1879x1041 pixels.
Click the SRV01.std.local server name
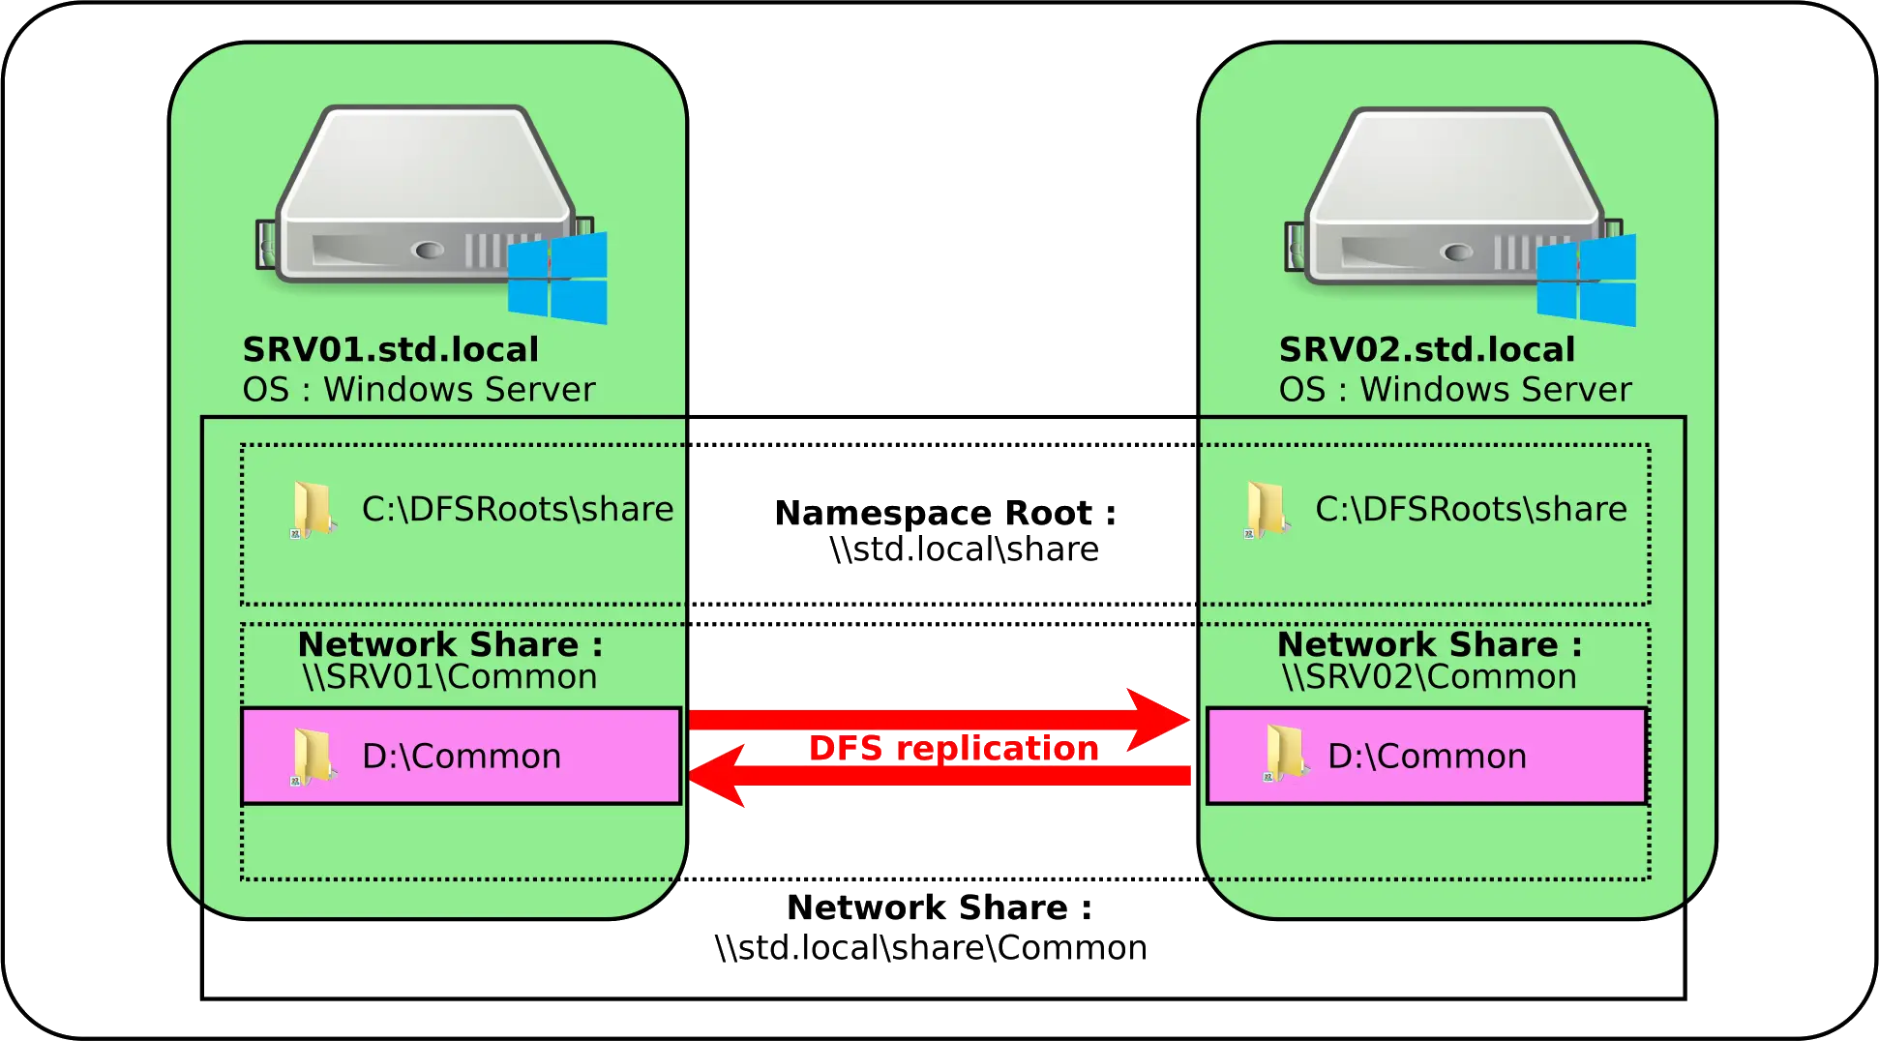[390, 349]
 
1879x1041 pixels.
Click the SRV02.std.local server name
[1426, 349]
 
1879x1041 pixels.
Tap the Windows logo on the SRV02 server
[1587, 280]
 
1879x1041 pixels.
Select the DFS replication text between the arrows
[953, 748]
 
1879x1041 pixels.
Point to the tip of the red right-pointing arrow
[1187, 720]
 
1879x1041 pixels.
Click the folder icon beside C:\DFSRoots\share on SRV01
[312, 510]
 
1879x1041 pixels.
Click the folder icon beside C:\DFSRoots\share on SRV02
[1267, 509]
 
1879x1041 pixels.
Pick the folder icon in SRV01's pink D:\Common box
[312, 757]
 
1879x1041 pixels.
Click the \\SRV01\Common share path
[450, 677]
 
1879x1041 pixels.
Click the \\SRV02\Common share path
[1429, 677]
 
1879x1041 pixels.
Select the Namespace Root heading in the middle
[944, 512]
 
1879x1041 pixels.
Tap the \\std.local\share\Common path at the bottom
[929, 947]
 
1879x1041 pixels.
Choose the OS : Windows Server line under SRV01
[418, 389]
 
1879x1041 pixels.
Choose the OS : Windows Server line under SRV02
[1454, 389]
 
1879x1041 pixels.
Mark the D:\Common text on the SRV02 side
[1426, 757]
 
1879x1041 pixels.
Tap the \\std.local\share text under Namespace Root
[964, 550]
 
